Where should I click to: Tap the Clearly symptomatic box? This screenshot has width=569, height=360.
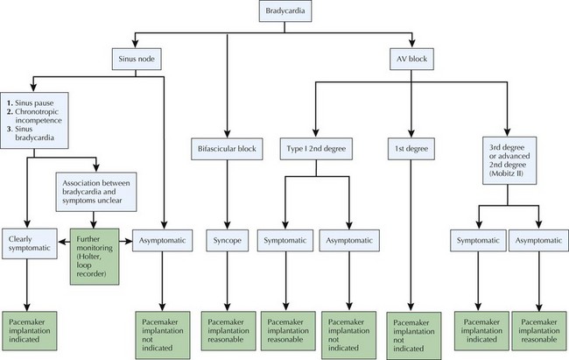(32, 242)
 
